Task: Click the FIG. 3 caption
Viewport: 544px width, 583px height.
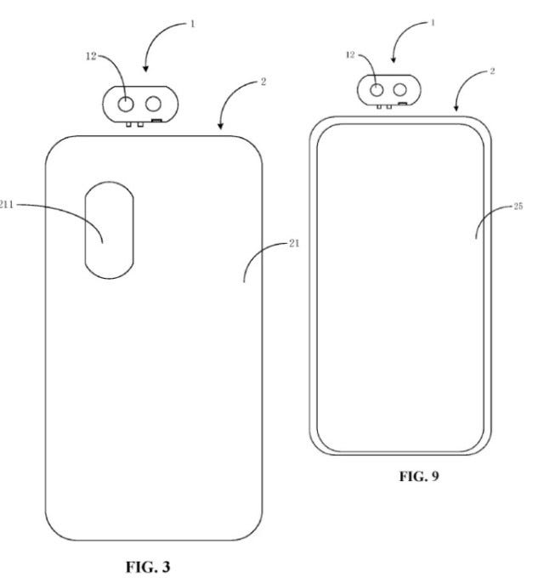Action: click(148, 567)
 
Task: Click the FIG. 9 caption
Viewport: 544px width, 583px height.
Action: click(419, 476)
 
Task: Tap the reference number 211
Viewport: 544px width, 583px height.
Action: click(6, 204)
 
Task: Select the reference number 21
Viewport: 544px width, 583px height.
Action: click(294, 244)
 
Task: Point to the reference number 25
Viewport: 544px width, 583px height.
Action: click(518, 206)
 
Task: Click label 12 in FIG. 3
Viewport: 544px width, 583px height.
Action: click(91, 56)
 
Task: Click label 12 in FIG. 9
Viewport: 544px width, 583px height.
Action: click(350, 55)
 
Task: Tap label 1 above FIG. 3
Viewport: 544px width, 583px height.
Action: click(192, 24)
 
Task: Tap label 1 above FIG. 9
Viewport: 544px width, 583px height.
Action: click(433, 23)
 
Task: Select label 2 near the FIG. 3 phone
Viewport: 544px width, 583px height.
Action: click(263, 82)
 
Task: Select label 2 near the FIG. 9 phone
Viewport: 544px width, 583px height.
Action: click(492, 71)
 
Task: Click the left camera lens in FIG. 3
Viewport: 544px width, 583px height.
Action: click(126, 104)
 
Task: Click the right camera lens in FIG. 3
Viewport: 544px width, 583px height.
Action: click(153, 104)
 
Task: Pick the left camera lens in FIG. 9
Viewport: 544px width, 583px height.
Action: click(377, 90)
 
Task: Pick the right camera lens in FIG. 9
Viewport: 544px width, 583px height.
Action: click(399, 89)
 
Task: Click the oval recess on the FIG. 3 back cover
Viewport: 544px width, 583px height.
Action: click(110, 230)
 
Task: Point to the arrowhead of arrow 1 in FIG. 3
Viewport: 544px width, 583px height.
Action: click(145, 68)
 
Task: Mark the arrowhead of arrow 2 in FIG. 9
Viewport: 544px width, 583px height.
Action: click(456, 108)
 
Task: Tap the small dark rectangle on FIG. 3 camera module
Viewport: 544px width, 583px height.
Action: click(156, 120)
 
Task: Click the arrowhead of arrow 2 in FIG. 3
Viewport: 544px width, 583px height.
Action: click(220, 126)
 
